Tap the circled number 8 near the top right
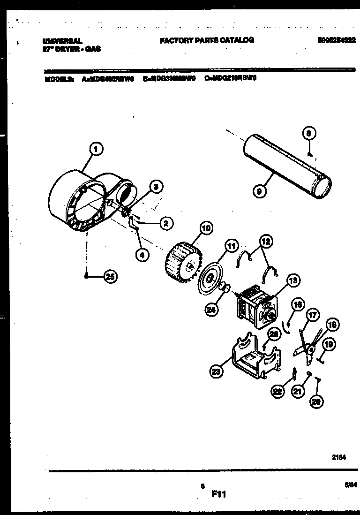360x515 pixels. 309,134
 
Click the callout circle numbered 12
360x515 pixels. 266,242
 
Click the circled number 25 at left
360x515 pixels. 110,277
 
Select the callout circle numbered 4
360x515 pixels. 142,255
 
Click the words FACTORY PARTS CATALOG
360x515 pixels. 207,40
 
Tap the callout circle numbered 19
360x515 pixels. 329,345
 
